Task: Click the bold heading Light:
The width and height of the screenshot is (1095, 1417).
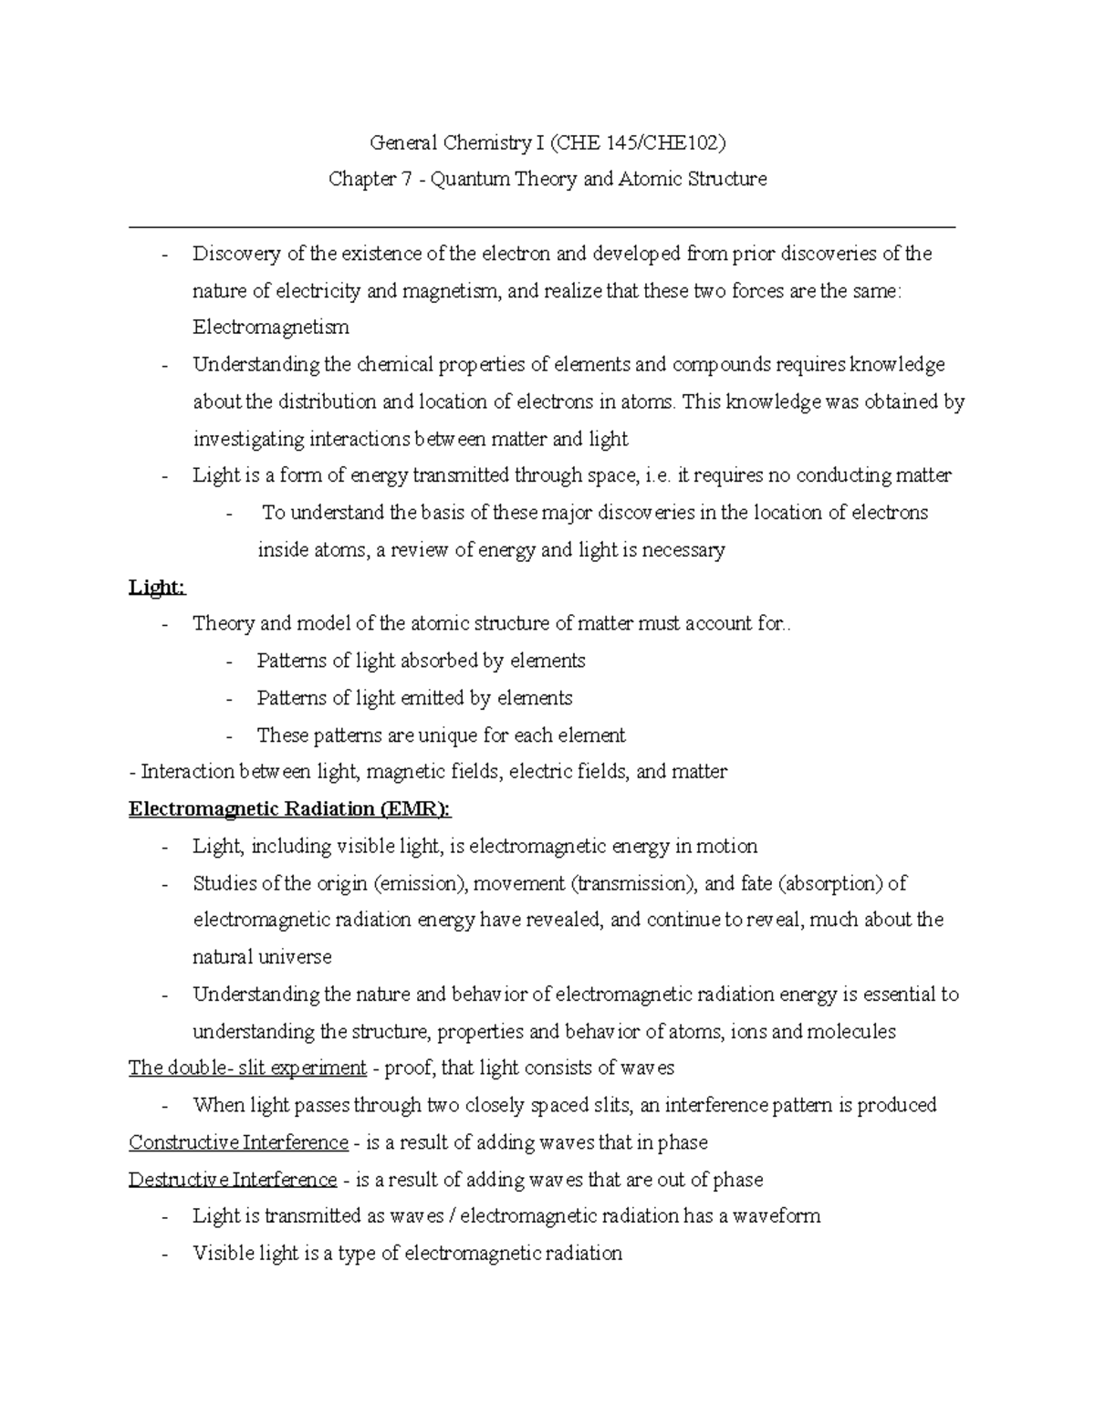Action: pyautogui.click(x=157, y=588)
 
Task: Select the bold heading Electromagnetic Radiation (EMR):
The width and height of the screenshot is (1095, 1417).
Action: pyautogui.click(x=290, y=809)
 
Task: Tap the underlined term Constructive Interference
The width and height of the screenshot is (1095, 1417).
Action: pyautogui.click(x=238, y=1142)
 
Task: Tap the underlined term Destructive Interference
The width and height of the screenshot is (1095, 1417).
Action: pyautogui.click(x=233, y=1180)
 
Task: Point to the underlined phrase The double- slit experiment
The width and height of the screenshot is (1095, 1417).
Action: pyautogui.click(x=247, y=1068)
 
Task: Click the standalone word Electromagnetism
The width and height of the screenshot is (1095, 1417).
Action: pyautogui.click(x=270, y=327)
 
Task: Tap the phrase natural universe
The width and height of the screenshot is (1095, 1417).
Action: pyautogui.click(x=262, y=957)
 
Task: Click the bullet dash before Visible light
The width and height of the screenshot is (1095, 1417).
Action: pyautogui.click(x=164, y=1254)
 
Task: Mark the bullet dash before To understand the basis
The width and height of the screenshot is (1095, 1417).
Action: pyautogui.click(x=229, y=513)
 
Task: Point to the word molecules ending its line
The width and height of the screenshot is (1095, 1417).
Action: pyautogui.click(x=850, y=1032)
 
